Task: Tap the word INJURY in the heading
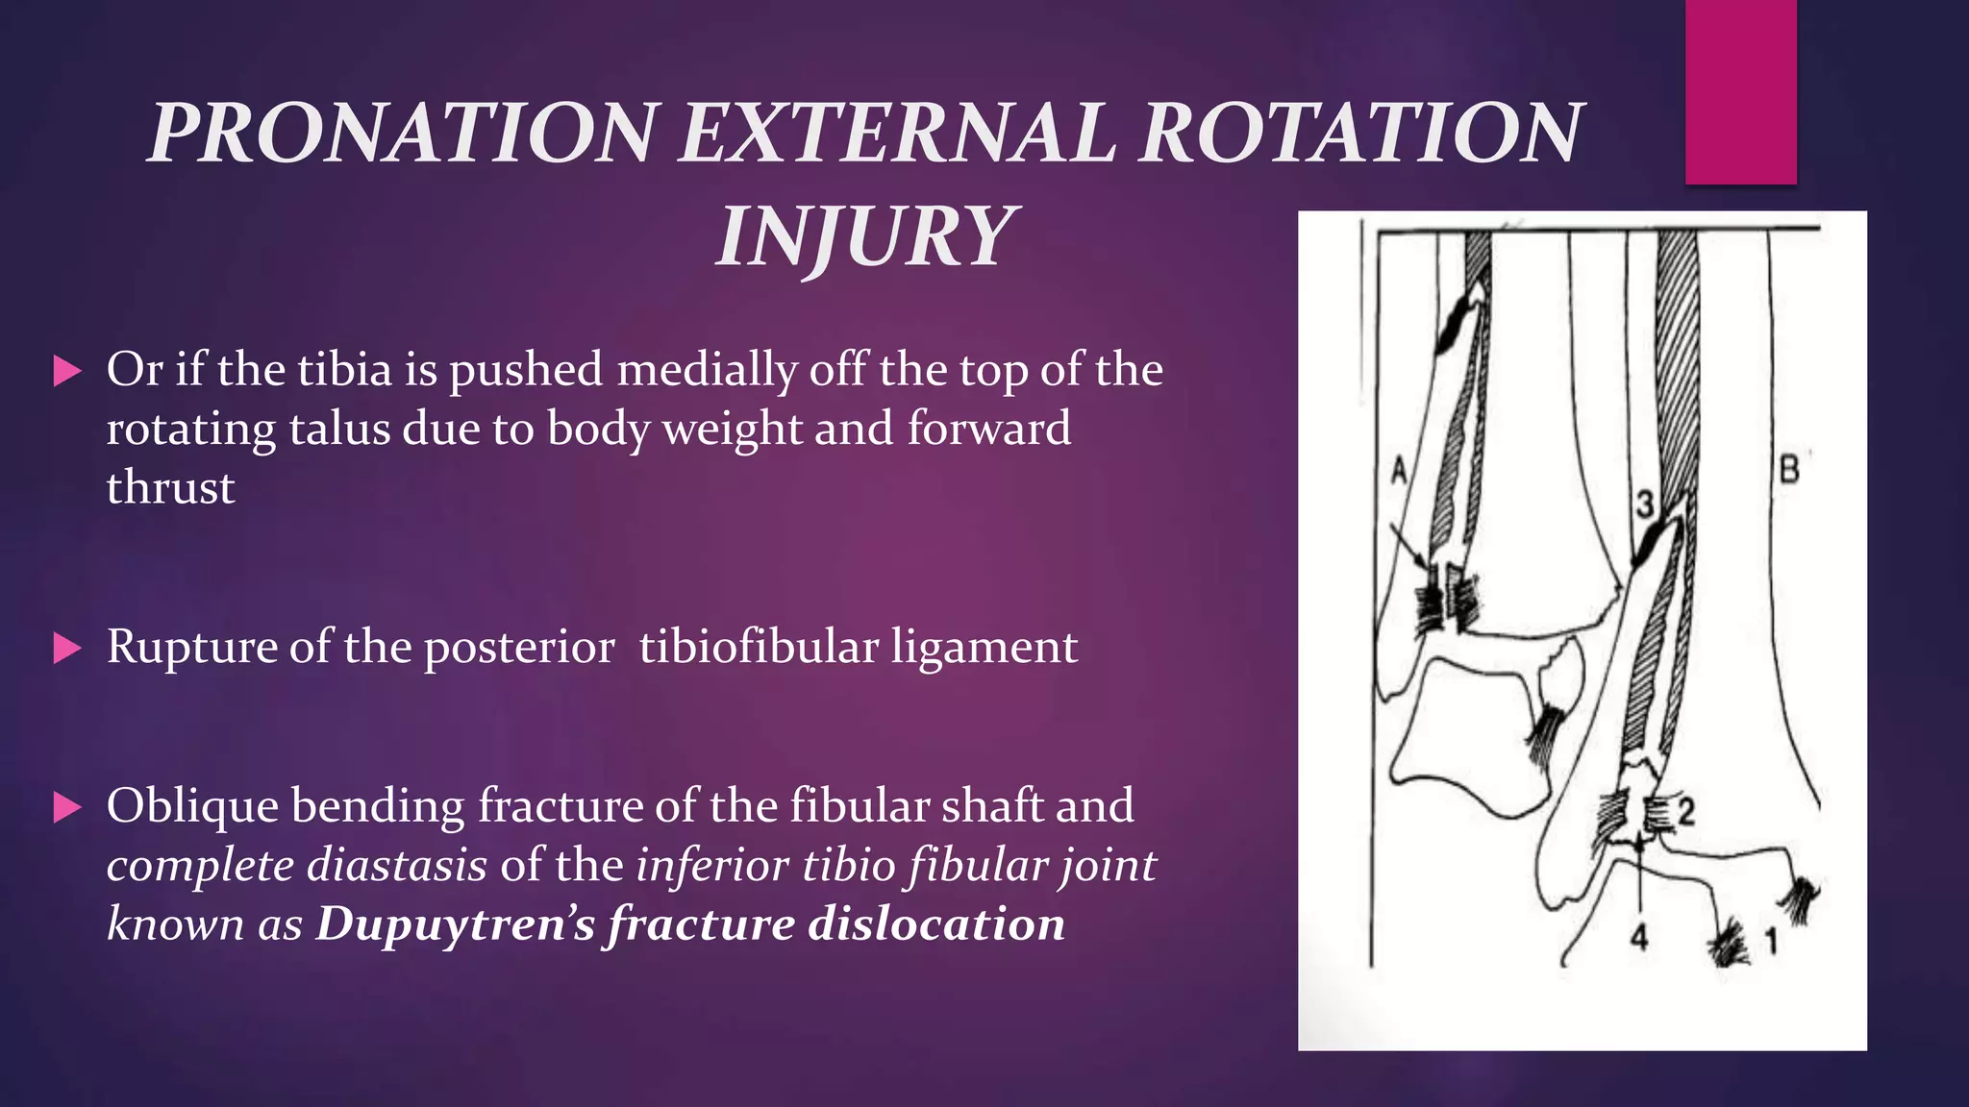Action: click(x=863, y=236)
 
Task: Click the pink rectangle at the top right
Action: click(x=1740, y=91)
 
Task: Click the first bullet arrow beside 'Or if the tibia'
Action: click(x=67, y=371)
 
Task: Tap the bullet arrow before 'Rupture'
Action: click(x=67, y=648)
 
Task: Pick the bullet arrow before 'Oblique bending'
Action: click(x=67, y=807)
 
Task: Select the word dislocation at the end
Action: click(x=935, y=924)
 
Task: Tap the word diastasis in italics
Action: click(x=397, y=865)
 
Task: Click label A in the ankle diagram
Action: click(x=1400, y=471)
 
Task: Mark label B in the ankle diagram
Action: click(x=1789, y=470)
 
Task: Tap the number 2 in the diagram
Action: click(x=1685, y=811)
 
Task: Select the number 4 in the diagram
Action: click(x=1639, y=936)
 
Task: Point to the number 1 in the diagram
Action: click(x=1770, y=941)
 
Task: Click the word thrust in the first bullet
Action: click(x=170, y=488)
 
